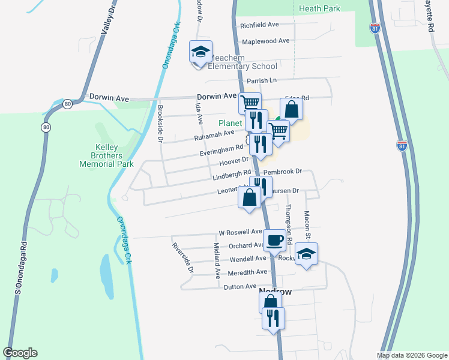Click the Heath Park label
[319, 8]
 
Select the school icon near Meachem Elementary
[201, 52]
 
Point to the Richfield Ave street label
[259, 25]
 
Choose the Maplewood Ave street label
[265, 41]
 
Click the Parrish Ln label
[261, 80]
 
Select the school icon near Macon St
[306, 253]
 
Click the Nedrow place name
[276, 292]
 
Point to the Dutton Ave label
[241, 287]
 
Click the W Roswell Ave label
[240, 232]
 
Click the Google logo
[20, 353]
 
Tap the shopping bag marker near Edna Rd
[291, 109]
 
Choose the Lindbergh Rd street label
[230, 176]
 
